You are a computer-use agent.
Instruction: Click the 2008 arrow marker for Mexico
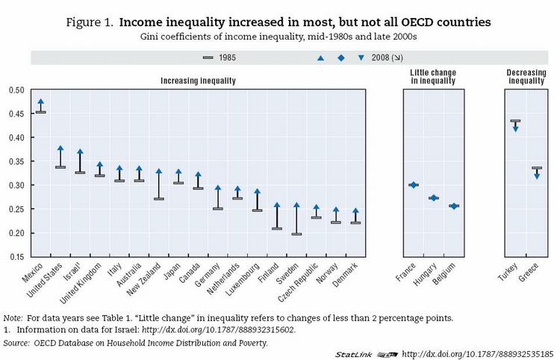[41, 102]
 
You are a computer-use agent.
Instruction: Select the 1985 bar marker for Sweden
[296, 234]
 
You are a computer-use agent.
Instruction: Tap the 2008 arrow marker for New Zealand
[158, 172]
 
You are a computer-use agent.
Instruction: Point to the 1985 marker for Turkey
[515, 121]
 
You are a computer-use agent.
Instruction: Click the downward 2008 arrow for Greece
[536, 176]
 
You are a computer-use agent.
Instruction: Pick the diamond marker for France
[413, 184]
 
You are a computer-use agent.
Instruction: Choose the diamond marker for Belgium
[453, 206]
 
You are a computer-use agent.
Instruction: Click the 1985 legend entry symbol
[208, 57]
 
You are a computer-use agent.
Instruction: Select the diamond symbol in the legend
[341, 57]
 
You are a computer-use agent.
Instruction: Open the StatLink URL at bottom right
[477, 353]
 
